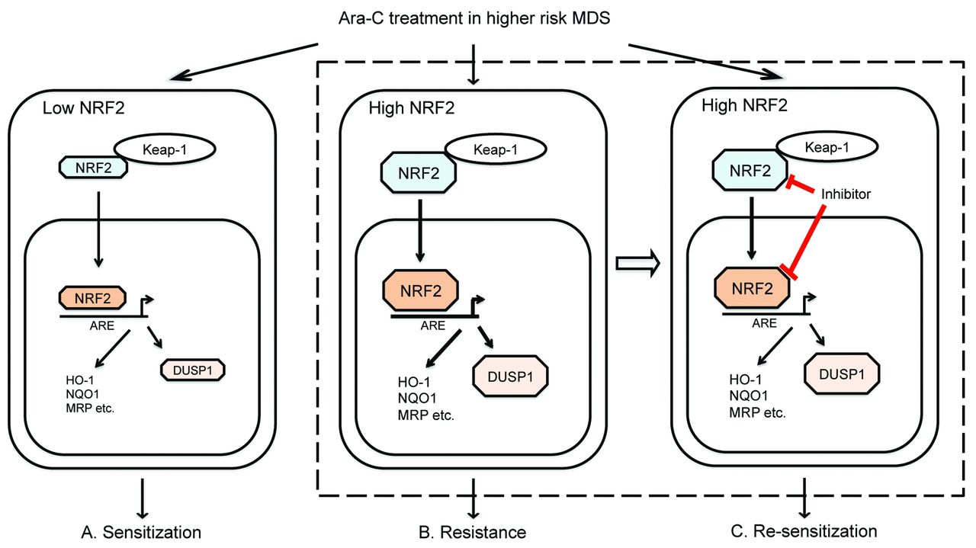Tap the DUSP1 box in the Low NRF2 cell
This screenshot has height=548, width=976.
pyautogui.click(x=194, y=369)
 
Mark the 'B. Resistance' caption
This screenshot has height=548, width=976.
pyautogui.click(x=474, y=530)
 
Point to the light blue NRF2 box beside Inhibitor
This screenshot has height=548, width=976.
pyautogui.click(x=748, y=171)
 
